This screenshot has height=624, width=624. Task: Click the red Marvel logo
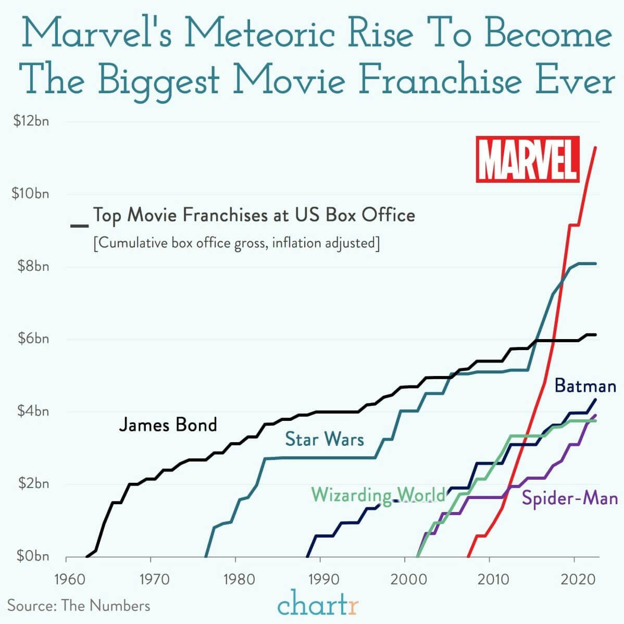click(527, 159)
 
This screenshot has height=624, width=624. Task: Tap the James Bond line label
click(168, 425)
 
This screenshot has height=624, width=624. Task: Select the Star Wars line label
click(324, 439)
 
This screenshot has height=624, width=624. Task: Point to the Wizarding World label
click(378, 494)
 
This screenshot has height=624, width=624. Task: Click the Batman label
click(585, 386)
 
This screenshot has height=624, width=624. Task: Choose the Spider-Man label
click(570, 498)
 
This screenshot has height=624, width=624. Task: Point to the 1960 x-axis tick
click(66, 579)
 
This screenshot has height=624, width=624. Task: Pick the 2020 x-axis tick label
click(574, 579)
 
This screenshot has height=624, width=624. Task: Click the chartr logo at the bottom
click(318, 605)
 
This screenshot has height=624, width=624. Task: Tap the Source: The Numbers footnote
click(79, 605)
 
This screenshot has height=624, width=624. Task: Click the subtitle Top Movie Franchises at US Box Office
click(254, 215)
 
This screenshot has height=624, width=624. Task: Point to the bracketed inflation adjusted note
click(235, 243)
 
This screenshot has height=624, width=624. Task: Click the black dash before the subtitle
click(80, 225)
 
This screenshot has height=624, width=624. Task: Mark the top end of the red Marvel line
click(595, 147)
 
